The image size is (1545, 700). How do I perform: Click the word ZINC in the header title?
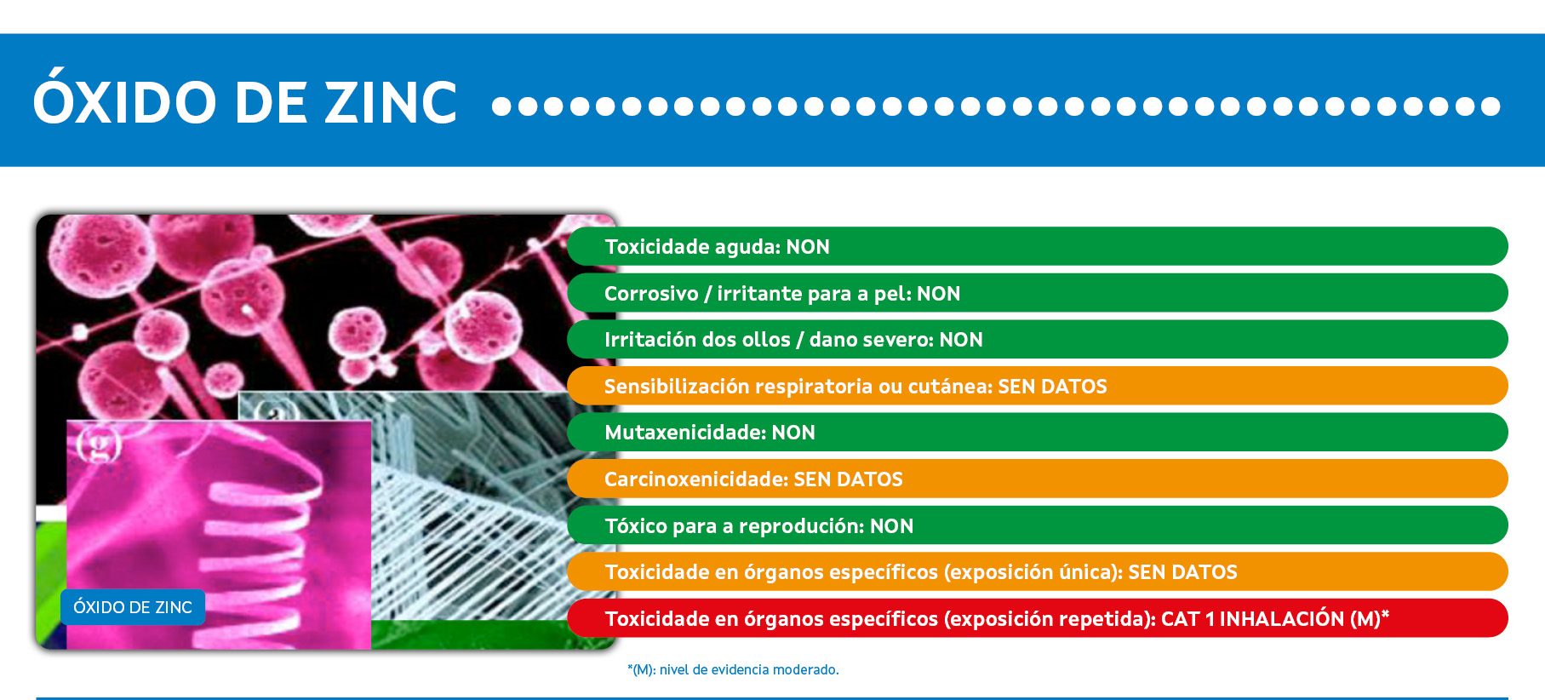point(392,103)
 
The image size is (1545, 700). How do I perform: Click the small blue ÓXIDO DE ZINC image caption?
point(133,607)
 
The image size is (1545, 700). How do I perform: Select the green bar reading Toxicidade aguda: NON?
point(1038,246)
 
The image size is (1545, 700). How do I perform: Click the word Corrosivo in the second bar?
point(651,294)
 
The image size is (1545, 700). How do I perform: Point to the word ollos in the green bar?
point(767,340)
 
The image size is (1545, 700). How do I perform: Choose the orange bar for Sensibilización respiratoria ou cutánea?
point(1038,386)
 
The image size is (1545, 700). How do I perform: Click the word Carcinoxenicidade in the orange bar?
point(696,479)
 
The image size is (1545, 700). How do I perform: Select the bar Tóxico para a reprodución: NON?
point(1038,525)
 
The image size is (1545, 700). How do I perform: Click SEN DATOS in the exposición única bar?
point(1182,572)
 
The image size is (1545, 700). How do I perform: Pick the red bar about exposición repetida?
point(1038,618)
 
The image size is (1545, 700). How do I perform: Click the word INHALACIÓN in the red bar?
point(1282,619)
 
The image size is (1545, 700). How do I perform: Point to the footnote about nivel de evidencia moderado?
point(733,669)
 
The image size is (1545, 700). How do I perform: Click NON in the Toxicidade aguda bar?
point(808,247)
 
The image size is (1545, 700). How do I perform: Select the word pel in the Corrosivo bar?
point(891,294)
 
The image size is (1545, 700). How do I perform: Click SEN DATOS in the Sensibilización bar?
point(1052,387)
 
